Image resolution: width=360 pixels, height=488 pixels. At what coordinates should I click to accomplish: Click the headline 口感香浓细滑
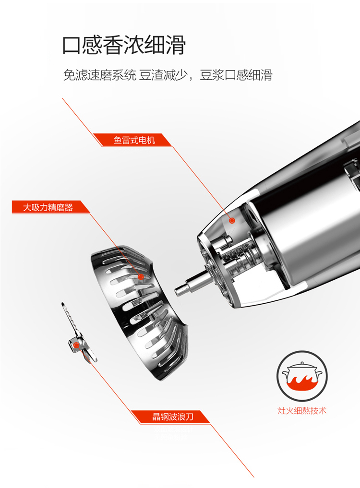click(124, 45)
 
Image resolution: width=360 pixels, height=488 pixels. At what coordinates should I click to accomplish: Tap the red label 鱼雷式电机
click(134, 141)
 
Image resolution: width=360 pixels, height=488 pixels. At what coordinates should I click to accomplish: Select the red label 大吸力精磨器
click(48, 207)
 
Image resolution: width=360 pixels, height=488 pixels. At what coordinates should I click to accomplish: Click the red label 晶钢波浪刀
click(173, 417)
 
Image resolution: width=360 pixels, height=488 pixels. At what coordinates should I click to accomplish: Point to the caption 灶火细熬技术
click(302, 410)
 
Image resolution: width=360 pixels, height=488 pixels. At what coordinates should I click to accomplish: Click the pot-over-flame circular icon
click(302, 376)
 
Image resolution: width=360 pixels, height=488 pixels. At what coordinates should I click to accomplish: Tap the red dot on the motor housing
click(232, 220)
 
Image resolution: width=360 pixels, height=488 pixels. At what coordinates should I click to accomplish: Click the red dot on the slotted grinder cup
click(141, 276)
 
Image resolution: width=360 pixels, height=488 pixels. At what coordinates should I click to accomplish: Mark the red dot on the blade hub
click(76, 345)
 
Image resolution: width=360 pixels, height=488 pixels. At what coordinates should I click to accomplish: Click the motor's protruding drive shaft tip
click(177, 291)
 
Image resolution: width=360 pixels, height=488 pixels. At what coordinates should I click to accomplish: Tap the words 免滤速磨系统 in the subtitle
click(100, 75)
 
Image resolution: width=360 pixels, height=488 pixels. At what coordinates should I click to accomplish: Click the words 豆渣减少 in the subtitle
click(163, 75)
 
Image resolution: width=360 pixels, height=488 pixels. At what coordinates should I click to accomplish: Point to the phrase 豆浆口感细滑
click(236, 75)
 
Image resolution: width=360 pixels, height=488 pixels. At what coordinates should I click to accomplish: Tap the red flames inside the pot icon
click(301, 382)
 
